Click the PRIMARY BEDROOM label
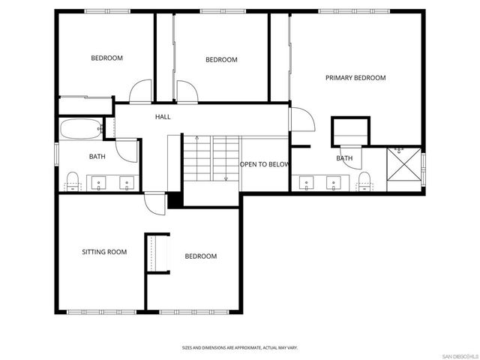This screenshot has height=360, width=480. tap(355, 78)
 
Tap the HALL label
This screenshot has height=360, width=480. tap(163, 117)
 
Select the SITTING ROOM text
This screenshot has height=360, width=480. tap(104, 252)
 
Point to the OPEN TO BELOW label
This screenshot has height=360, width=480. tap(264, 164)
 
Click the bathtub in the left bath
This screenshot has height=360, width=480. tap(79, 129)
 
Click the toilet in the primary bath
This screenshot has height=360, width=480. tap(364, 180)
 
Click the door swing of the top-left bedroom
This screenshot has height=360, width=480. tap(140, 92)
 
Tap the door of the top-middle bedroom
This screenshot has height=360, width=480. tap(186, 92)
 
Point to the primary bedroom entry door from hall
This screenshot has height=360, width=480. tap(299, 120)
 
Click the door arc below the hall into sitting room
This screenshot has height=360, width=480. tap(155, 203)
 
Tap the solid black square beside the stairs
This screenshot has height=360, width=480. tap(175, 200)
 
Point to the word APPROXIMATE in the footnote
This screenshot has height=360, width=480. tap(241, 348)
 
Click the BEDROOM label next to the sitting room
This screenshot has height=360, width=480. tap(200, 256)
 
